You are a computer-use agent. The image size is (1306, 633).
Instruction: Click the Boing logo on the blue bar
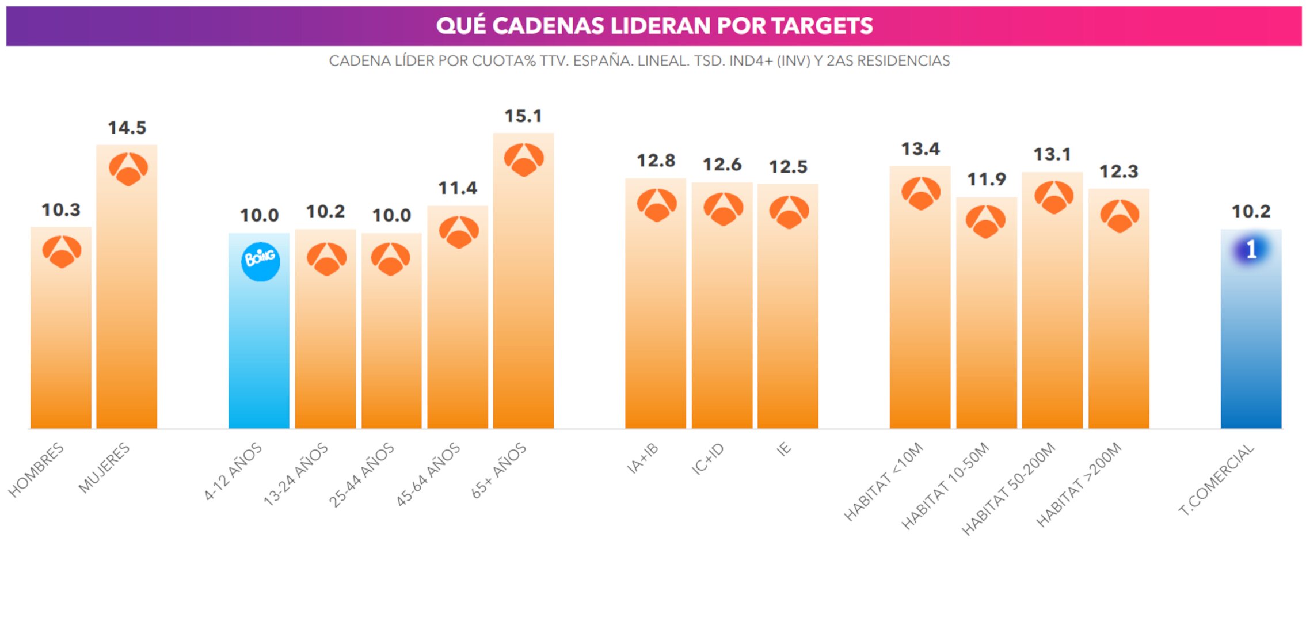260,261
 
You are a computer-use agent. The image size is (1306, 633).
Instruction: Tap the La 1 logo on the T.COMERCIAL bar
1250,250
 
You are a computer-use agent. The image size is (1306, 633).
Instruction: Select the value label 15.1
523,116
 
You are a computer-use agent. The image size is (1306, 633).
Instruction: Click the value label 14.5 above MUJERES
127,128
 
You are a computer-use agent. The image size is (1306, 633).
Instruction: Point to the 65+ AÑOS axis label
498,470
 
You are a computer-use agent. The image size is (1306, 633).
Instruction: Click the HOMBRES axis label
36,470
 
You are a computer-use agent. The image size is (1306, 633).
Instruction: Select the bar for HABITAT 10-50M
986,334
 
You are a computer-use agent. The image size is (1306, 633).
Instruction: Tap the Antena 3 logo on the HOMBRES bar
62,251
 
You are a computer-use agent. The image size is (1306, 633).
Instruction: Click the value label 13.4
920,149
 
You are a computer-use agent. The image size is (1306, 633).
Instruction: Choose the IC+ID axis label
707,459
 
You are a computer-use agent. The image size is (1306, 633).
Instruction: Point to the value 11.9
986,180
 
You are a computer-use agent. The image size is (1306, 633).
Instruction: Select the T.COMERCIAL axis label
1216,479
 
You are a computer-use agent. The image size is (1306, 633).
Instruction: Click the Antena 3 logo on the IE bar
789,212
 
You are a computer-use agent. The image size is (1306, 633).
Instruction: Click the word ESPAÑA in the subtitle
602,61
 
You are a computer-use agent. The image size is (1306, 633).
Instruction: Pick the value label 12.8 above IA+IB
655,161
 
